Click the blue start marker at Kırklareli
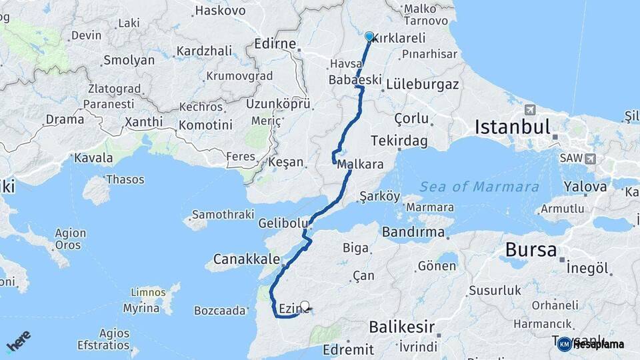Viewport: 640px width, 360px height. tap(369, 36)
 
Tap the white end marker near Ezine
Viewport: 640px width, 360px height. tap(305, 306)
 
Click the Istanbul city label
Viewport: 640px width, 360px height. tap(512, 127)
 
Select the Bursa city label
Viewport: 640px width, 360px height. tap(531, 250)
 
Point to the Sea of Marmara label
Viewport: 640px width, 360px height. tap(479, 187)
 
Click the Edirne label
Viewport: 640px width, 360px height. tap(275, 44)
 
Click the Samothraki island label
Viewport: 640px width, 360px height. tap(223, 215)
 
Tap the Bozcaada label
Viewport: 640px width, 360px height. tap(220, 310)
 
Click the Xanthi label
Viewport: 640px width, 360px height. tap(143, 122)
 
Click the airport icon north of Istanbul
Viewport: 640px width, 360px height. tap(530, 110)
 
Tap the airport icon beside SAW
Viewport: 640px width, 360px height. tap(590, 159)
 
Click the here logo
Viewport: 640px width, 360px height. tap(18, 341)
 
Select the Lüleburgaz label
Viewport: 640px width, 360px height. tap(423, 85)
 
